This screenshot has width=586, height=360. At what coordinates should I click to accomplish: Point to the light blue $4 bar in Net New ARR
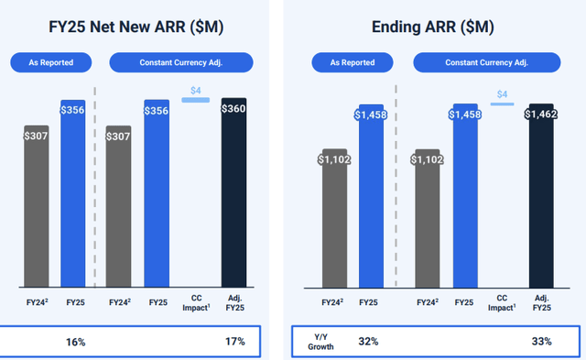coord(195,99)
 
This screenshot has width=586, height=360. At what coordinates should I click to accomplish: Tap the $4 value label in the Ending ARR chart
coord(501,94)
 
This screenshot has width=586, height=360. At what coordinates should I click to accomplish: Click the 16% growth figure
coord(75,342)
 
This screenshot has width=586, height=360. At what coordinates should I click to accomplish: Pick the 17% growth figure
coord(233,342)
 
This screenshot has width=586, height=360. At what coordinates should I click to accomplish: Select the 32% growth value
coord(369,342)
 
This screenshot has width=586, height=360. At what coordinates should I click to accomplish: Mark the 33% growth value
coord(542,342)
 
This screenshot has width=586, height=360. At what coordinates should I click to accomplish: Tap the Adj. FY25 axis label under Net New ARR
coord(233,305)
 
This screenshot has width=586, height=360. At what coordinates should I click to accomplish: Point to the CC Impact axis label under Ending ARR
coord(502,305)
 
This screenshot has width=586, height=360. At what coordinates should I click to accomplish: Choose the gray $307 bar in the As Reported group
coord(37,206)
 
